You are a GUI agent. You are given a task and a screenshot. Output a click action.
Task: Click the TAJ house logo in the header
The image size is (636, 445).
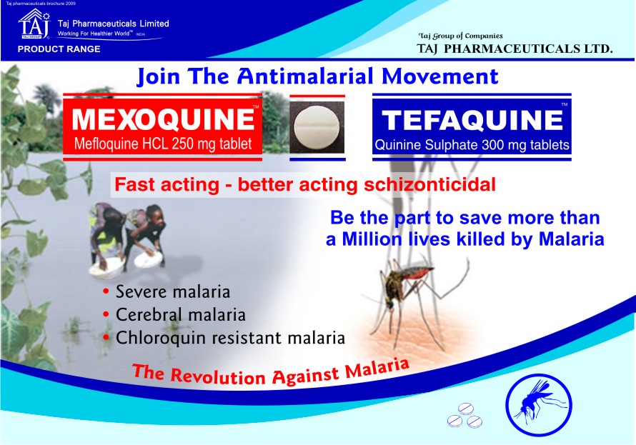tap(34, 24)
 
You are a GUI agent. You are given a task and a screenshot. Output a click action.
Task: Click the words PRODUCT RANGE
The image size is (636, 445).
tap(59, 49)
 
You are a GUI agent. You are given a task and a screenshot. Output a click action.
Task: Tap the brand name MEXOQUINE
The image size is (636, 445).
tap(163, 119)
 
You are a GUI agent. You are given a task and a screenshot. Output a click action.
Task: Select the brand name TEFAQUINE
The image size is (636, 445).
tap(472, 121)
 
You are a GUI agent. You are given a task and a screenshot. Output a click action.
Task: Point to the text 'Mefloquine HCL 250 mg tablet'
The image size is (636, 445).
tap(163, 144)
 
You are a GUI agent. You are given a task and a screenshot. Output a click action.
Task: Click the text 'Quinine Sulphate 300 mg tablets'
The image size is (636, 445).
tap(472, 145)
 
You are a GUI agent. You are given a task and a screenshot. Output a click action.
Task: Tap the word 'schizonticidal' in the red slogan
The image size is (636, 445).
tap(430, 184)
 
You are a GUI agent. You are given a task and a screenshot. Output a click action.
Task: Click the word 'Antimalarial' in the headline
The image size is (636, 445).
tap(305, 76)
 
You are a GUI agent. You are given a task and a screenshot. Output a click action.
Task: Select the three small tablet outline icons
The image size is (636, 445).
tap(464, 416)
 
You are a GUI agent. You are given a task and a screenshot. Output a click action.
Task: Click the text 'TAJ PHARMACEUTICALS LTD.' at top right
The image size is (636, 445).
tap(515, 49)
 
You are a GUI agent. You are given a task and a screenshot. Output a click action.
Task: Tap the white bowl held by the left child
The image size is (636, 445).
tap(106, 268)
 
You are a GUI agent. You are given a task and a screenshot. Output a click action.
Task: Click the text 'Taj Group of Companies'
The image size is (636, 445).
tap(460, 36)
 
